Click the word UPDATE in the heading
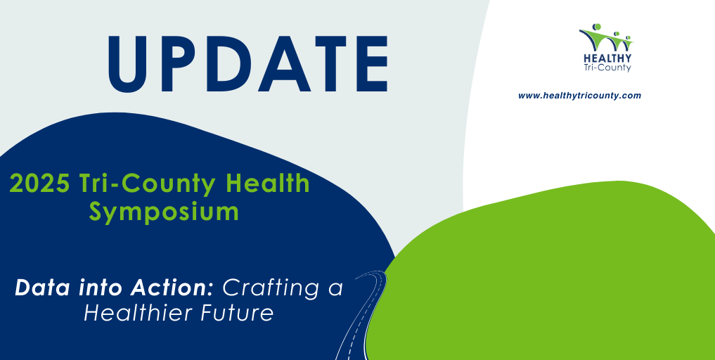tap(247, 64)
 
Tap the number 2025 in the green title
tap(39, 184)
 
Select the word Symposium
tap(164, 213)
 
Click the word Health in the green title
tap(268, 184)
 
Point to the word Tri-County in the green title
tap(147, 185)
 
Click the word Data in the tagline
tap(39, 288)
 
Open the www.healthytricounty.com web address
tap(579, 96)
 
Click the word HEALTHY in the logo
tap(607, 58)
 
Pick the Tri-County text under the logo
tap(607, 67)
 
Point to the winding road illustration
tap(360, 315)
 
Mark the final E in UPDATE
tap(371, 64)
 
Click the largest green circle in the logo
tap(596, 27)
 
